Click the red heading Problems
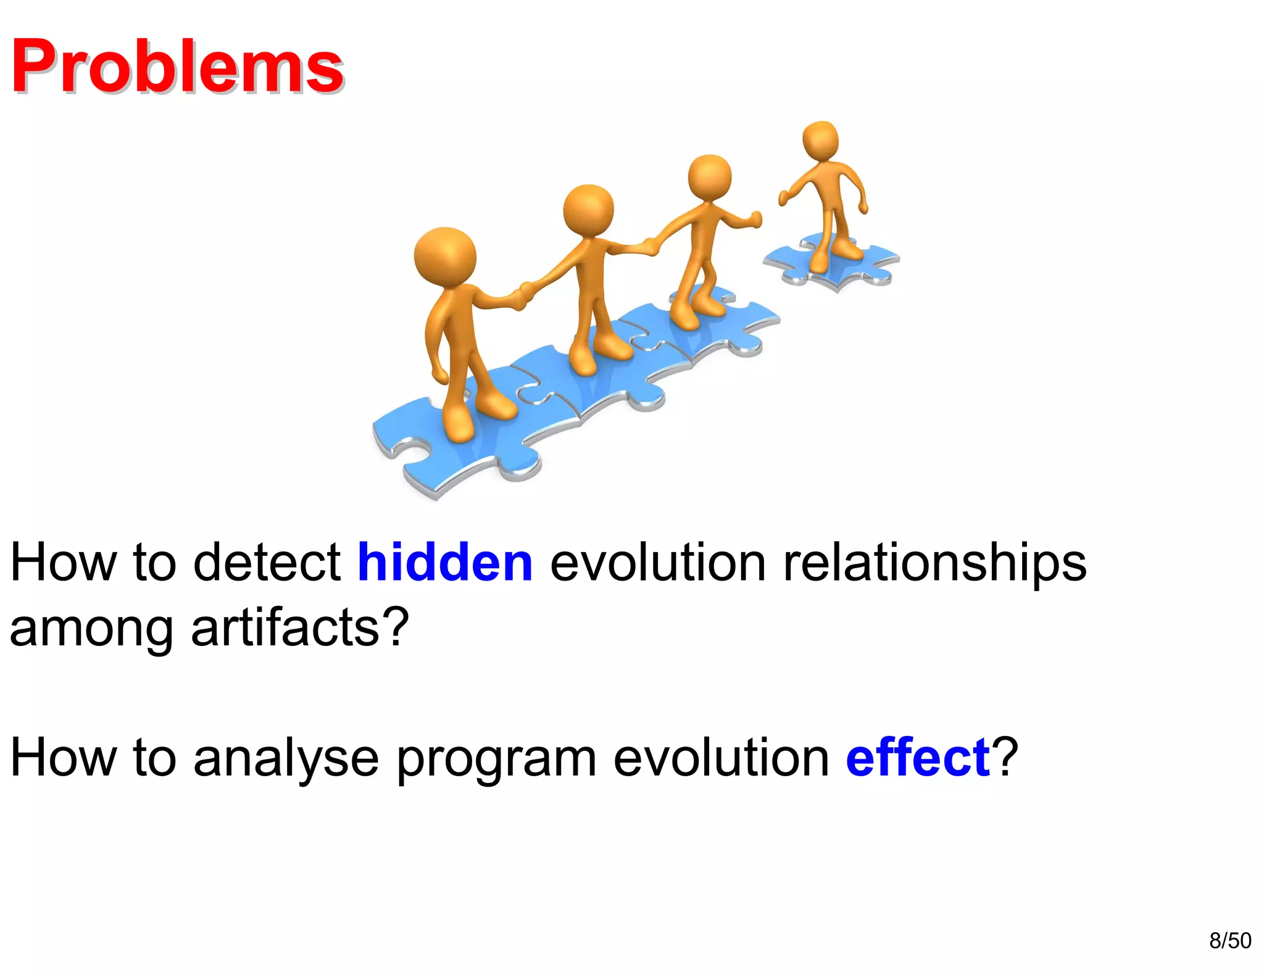coord(177,66)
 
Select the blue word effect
coord(917,758)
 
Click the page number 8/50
coord(1229,940)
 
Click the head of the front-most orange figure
coord(445,256)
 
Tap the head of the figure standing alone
coord(820,139)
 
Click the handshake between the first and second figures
coord(525,295)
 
